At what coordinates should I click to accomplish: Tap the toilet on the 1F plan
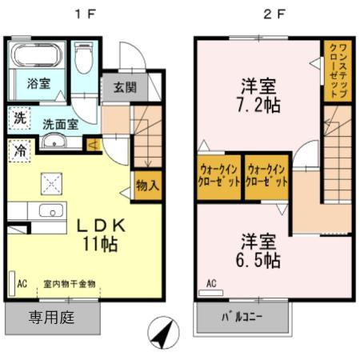(83, 58)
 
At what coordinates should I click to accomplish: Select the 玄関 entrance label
(124, 87)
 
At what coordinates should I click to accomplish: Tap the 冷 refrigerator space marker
(19, 150)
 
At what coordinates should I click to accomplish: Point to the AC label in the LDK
(23, 283)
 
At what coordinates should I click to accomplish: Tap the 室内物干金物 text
(70, 284)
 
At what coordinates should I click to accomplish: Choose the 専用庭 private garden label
(52, 318)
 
